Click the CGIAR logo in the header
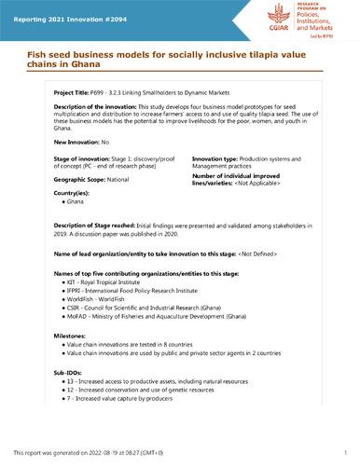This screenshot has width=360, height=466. tap(274, 19)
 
